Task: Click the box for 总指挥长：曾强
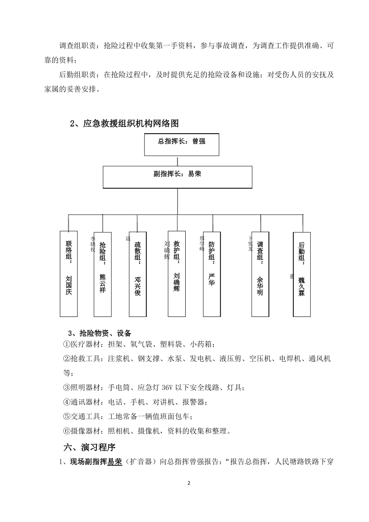(181, 144)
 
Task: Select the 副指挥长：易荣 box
(178, 177)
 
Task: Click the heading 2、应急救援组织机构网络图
(124, 124)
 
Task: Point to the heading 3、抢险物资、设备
(100, 333)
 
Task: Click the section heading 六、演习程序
(89, 447)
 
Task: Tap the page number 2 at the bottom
(189, 483)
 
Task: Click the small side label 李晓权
(93, 244)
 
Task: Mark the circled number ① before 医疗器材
(66, 345)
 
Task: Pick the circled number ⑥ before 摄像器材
(66, 431)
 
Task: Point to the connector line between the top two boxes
(178, 161)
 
